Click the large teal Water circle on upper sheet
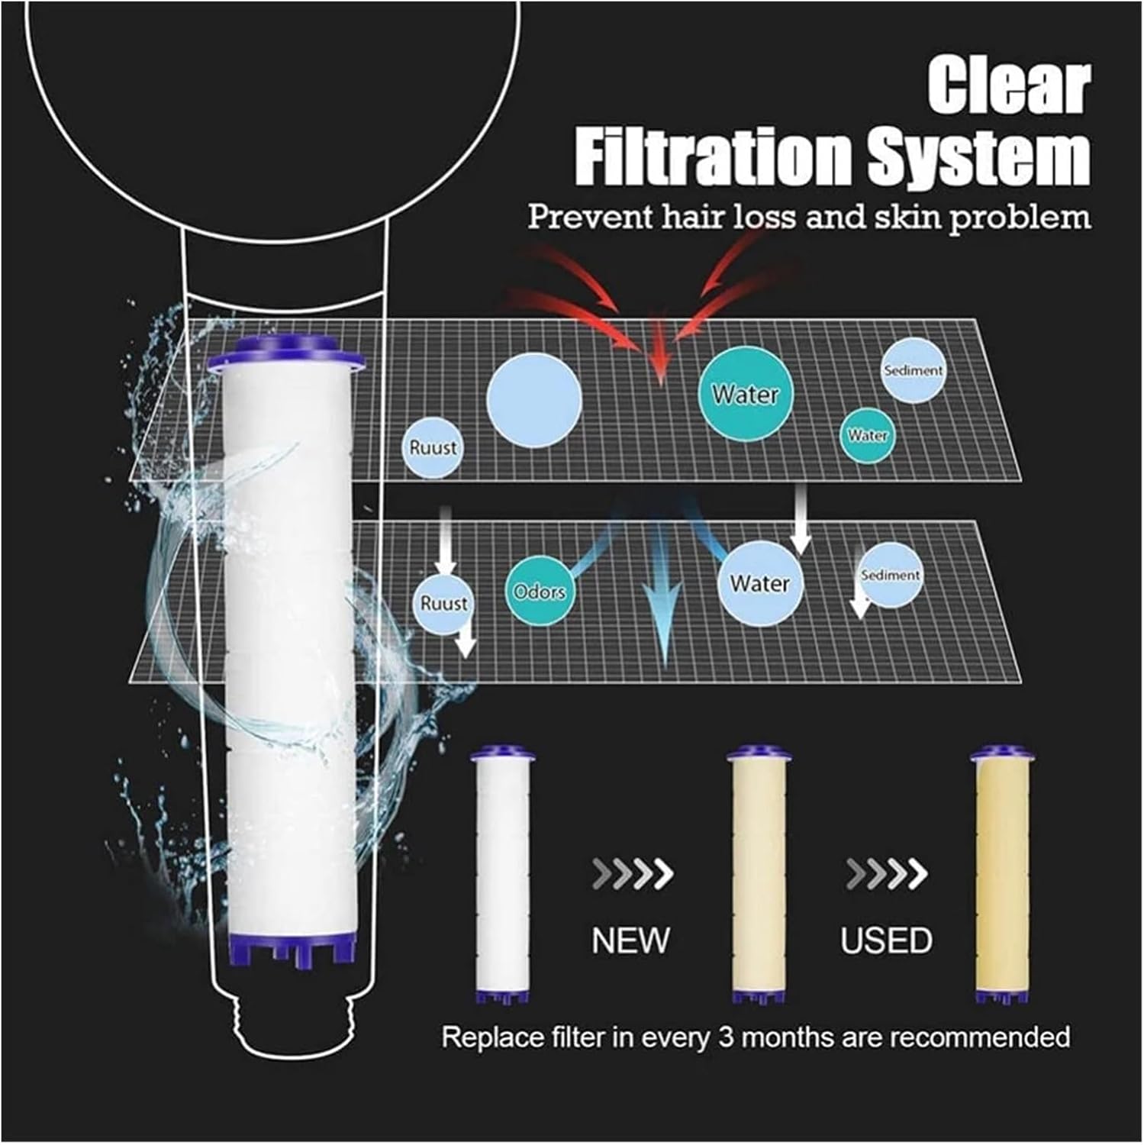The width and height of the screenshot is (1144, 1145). coord(746,395)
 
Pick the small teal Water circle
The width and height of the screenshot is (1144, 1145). coord(868,435)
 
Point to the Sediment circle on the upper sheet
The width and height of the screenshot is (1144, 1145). coord(914,370)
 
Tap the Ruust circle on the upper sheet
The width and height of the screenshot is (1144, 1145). coord(433,447)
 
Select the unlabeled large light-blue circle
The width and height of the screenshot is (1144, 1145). coord(534,400)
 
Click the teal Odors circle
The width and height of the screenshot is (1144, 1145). coord(540,591)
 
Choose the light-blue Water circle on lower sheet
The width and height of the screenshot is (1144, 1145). coord(759,583)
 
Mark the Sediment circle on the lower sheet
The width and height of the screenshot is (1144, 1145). coord(891,575)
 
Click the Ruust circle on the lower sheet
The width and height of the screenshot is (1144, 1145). coord(443,603)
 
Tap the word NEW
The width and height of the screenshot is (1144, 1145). coord(631,940)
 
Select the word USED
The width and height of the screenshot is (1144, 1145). coord(886,940)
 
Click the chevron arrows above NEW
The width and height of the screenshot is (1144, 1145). coord(633,874)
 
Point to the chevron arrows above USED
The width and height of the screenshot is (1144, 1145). coord(886,874)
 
